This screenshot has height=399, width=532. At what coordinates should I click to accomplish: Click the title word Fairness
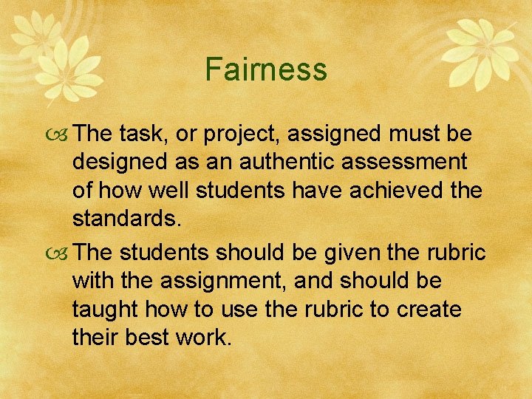[x=266, y=69]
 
